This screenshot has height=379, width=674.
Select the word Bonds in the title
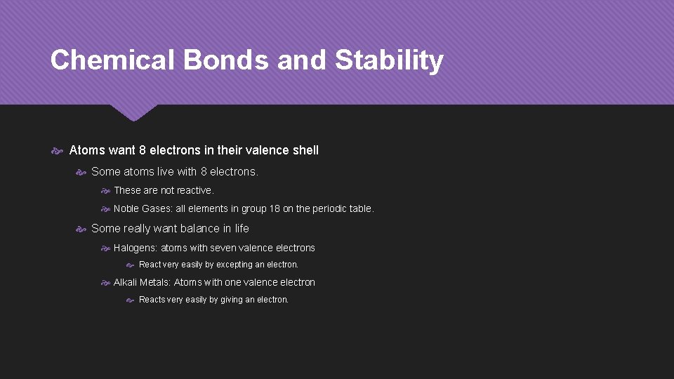pyautogui.click(x=225, y=60)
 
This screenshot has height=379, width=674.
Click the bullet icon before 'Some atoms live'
pyautogui.click(x=81, y=171)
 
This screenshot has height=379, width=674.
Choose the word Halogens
pyautogui.click(x=135, y=248)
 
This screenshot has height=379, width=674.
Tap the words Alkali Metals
pyautogui.click(x=141, y=282)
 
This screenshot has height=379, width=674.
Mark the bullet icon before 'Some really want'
pyautogui.click(x=81, y=228)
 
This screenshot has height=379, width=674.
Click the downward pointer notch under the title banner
pyautogui.click(x=133, y=114)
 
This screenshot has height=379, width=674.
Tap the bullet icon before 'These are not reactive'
pyautogui.click(x=105, y=190)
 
